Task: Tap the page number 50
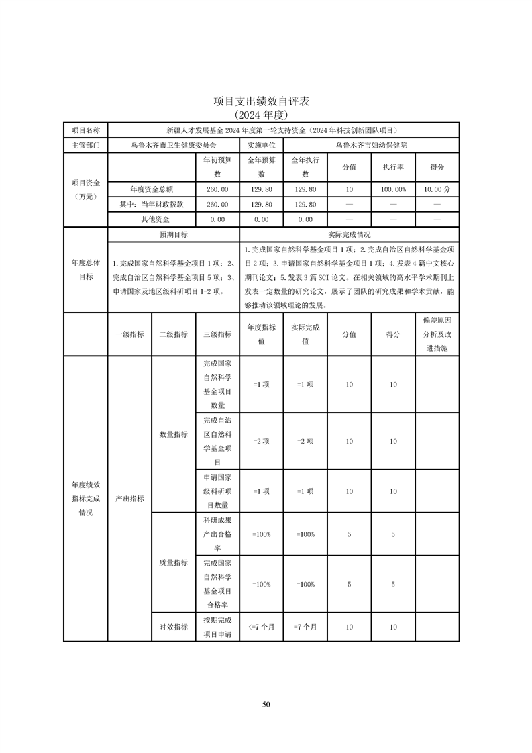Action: pyautogui.click(x=266, y=704)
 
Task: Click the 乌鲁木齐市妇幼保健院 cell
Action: pyautogui.click(x=371, y=144)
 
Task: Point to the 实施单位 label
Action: pyautogui.click(x=261, y=144)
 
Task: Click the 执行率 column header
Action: pyautogui.click(x=393, y=167)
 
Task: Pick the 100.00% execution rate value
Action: pyautogui.click(x=393, y=190)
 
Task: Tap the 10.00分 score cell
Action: pyautogui.click(x=437, y=190)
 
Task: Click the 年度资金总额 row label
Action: pyautogui.click(x=152, y=190)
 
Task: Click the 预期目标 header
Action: pyautogui.click(x=173, y=235)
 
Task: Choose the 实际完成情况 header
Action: pyautogui.click(x=349, y=235)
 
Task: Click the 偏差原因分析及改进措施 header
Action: pyautogui.click(x=437, y=334)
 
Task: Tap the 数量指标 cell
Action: pyautogui.click(x=173, y=434)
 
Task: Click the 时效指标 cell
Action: pyautogui.click(x=173, y=627)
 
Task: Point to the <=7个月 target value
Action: pyautogui.click(x=261, y=627)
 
